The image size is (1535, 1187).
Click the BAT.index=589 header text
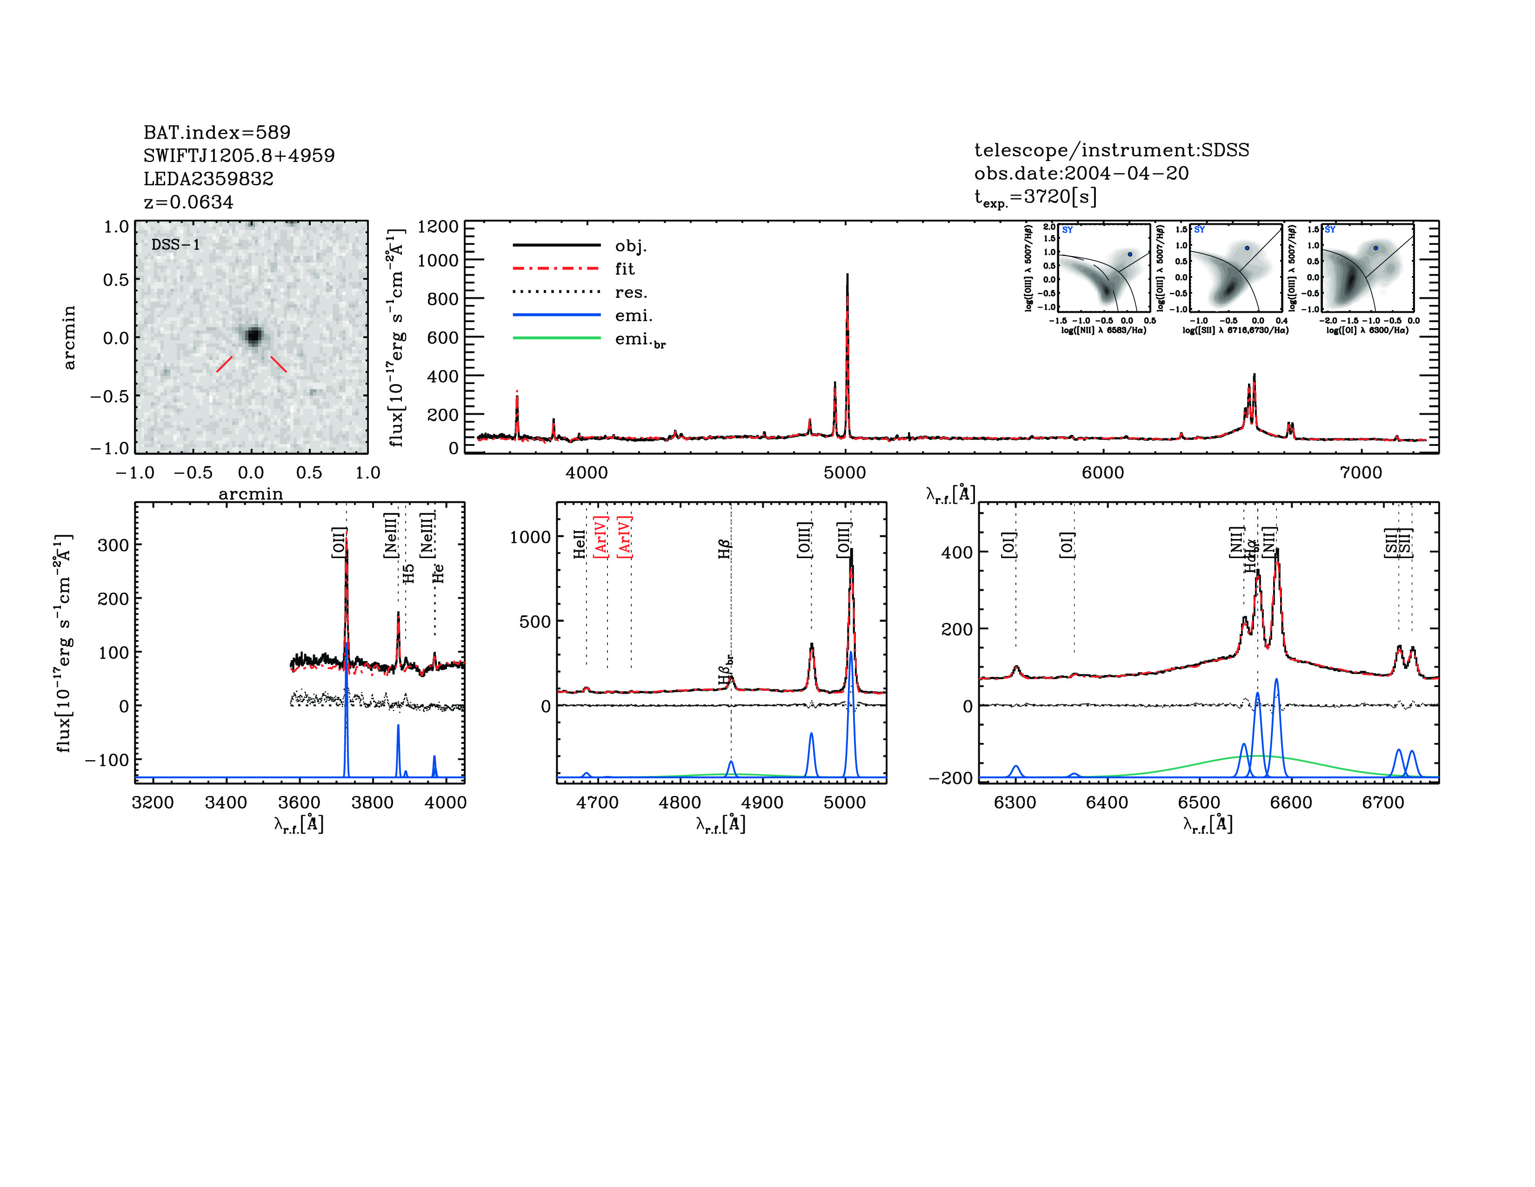[x=216, y=132]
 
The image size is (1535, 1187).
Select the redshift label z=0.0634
[x=188, y=202]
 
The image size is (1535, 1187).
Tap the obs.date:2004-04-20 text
[x=1081, y=173]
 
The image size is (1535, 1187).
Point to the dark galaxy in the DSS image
[x=254, y=336]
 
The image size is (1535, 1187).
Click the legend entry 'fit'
[x=624, y=269]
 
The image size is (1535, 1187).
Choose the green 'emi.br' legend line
[x=557, y=338]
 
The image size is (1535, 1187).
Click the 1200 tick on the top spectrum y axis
[x=437, y=226]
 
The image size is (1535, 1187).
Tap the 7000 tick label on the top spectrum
[x=1361, y=472]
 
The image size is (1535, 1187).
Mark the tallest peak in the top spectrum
[x=847, y=276]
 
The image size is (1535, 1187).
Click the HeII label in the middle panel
[x=579, y=544]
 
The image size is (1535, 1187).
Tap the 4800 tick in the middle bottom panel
[x=680, y=803]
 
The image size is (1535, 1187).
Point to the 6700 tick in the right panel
[x=1382, y=803]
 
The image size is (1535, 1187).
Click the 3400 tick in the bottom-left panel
[x=226, y=803]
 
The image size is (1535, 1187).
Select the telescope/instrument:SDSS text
[x=1111, y=150]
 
